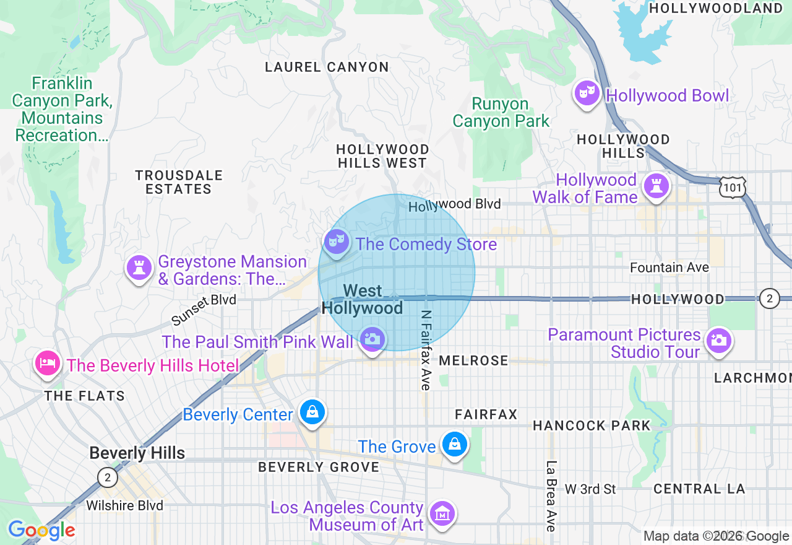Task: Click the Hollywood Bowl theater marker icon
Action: click(586, 94)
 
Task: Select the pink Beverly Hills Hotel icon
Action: click(48, 364)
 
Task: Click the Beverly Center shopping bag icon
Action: click(312, 412)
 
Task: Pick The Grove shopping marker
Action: click(455, 444)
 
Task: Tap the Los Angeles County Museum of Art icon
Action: click(443, 513)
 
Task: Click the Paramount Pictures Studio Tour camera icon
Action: click(718, 340)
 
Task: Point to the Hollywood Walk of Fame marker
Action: click(655, 186)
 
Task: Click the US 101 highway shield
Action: click(733, 186)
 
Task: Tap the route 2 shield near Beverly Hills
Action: click(108, 477)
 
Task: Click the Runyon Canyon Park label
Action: click(501, 113)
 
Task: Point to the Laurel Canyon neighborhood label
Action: click(327, 67)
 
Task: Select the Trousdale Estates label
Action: click(179, 182)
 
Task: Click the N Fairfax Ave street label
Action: click(425, 350)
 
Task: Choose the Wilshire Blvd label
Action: click(124, 505)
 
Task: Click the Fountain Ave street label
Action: click(669, 268)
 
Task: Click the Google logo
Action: click(41, 530)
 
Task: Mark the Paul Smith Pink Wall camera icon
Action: click(372, 339)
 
